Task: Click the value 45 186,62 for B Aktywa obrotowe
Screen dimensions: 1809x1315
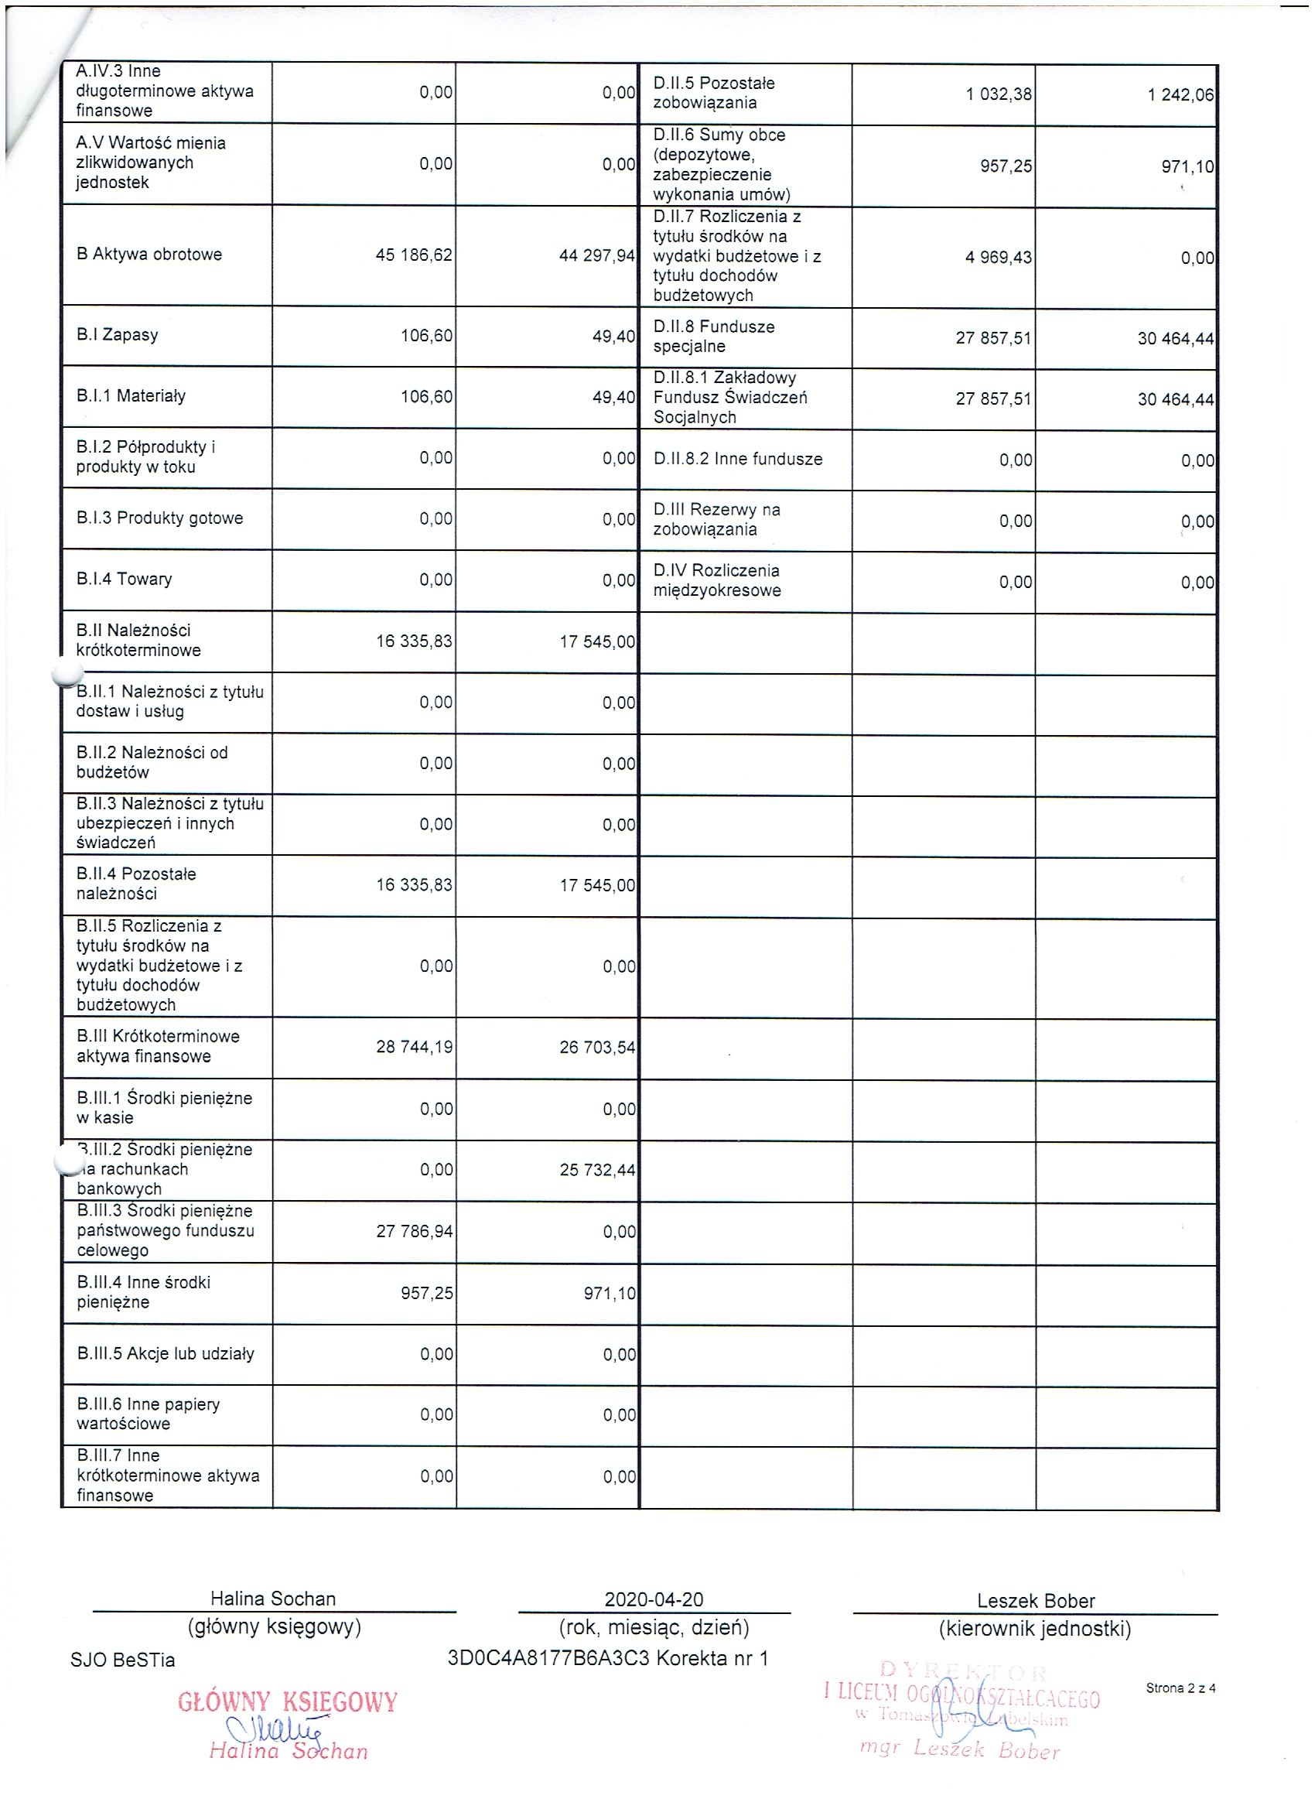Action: (414, 255)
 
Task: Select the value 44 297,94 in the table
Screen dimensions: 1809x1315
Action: (597, 256)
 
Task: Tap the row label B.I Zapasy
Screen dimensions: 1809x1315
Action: (118, 335)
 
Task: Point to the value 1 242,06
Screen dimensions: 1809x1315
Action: (1180, 95)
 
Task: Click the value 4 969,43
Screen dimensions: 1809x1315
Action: (999, 258)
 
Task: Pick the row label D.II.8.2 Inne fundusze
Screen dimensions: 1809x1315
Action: (738, 460)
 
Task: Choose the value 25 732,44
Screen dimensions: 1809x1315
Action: (597, 1170)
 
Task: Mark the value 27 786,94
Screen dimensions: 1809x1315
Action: (415, 1232)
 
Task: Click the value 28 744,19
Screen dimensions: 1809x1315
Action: (415, 1048)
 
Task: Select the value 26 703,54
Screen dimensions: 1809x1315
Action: (597, 1048)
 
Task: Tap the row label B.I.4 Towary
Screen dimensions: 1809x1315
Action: (125, 579)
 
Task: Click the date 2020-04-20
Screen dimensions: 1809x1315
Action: (654, 1599)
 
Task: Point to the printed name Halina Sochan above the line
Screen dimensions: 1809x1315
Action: (273, 1599)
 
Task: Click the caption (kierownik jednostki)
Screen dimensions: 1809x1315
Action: (1035, 1629)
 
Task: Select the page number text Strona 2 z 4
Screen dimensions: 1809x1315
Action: (1180, 1688)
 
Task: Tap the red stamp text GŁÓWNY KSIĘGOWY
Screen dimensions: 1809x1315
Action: (287, 1702)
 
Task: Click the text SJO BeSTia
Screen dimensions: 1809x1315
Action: (123, 1660)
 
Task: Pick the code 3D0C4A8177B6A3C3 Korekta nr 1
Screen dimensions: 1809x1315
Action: (608, 1659)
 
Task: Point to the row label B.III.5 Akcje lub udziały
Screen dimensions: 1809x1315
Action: (166, 1353)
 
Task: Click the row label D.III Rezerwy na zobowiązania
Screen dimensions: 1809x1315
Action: (716, 519)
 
